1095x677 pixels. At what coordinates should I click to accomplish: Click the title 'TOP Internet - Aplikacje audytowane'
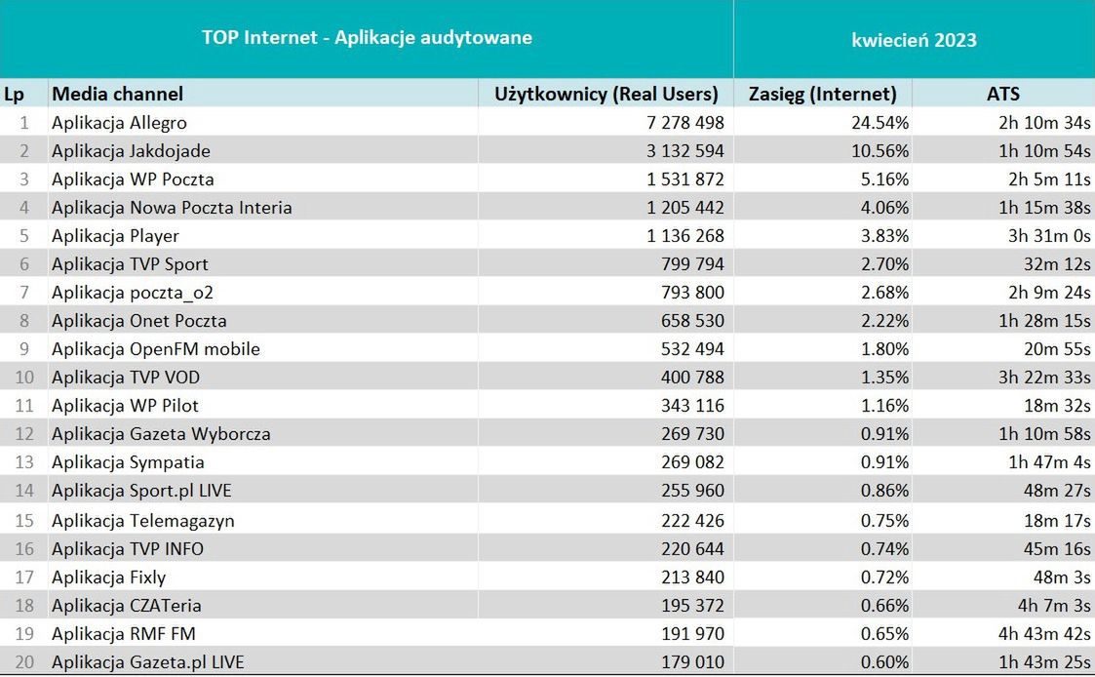[x=367, y=38]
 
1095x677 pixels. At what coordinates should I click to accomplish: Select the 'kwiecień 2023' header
[x=914, y=40]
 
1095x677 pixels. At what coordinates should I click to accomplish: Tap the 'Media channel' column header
[x=117, y=94]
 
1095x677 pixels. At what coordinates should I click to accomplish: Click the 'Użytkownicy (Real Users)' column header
[x=606, y=94]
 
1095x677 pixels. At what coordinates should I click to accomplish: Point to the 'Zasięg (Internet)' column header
[x=822, y=94]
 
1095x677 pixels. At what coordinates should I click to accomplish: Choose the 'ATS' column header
[x=1002, y=94]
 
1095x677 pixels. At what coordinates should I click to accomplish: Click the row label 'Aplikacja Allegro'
[x=119, y=123]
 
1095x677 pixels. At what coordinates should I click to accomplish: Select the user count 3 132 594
[x=674, y=151]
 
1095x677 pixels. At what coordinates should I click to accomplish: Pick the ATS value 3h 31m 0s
[x=1047, y=236]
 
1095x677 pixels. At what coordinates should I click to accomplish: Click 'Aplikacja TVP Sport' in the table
[x=130, y=264]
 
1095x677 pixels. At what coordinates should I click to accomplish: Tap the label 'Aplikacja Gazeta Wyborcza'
[x=161, y=434]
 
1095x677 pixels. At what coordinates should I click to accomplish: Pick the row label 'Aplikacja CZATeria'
[x=127, y=606]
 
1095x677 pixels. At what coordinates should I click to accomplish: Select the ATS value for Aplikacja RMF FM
[x=1045, y=634]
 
